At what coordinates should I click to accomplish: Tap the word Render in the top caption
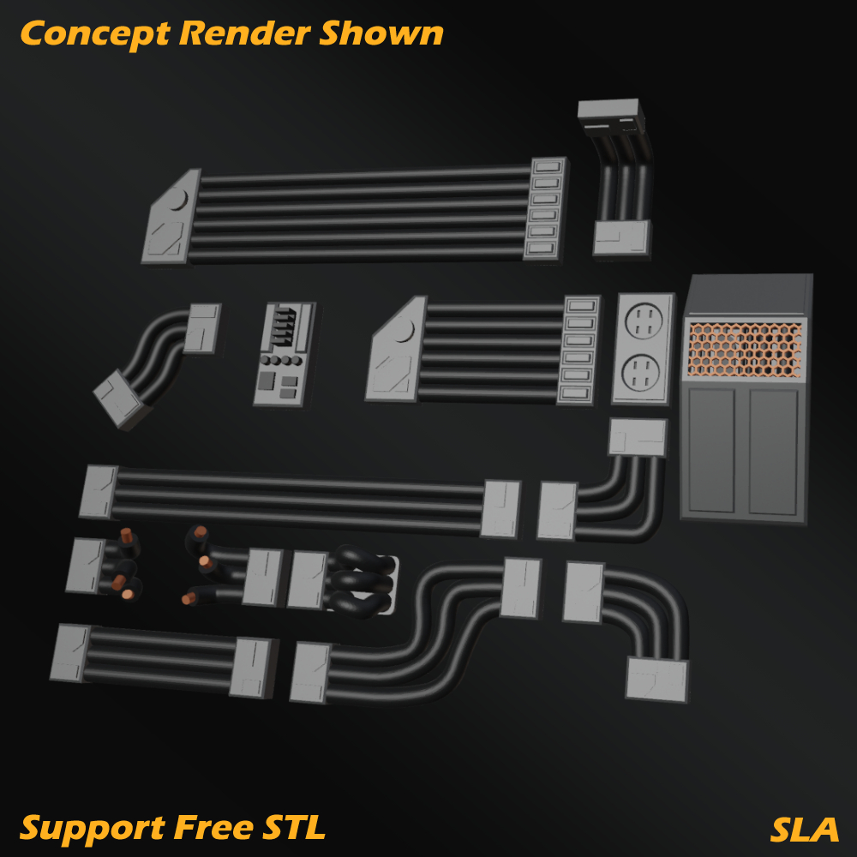pos(246,33)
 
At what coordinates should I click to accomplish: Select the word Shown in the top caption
pos(382,33)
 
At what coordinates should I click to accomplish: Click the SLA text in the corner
pos(804,829)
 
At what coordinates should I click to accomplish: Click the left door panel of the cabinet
pos(711,450)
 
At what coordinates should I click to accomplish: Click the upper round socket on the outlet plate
pos(644,323)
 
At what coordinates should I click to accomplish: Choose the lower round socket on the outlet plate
pos(639,372)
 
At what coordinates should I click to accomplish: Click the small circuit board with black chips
pos(284,353)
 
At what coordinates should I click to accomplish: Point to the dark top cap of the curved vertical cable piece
pos(609,111)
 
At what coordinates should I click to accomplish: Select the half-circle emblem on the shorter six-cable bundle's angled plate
pos(403,330)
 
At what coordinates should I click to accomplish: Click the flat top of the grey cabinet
pos(748,294)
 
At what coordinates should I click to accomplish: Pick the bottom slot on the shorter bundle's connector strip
pos(575,393)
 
